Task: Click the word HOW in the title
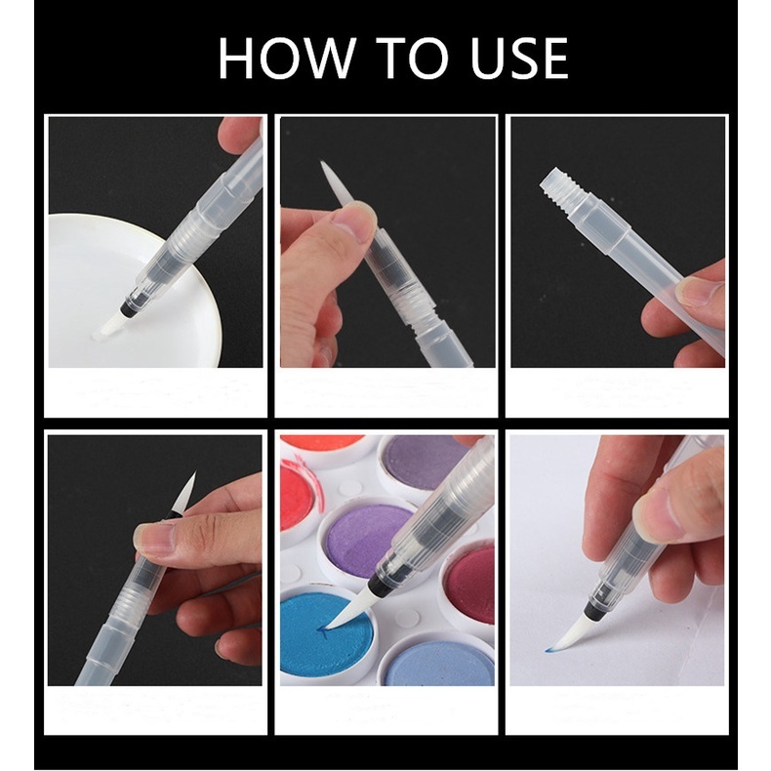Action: pos(287,58)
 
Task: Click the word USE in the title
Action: pos(519,58)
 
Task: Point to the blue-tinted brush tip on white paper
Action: pos(564,634)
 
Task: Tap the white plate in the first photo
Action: pos(132,291)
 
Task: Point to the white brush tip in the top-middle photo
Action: pos(335,183)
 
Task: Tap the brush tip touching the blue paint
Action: pos(346,612)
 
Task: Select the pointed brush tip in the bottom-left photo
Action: pos(184,493)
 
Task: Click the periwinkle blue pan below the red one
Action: pos(436,659)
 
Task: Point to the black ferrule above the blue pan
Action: pos(380,583)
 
